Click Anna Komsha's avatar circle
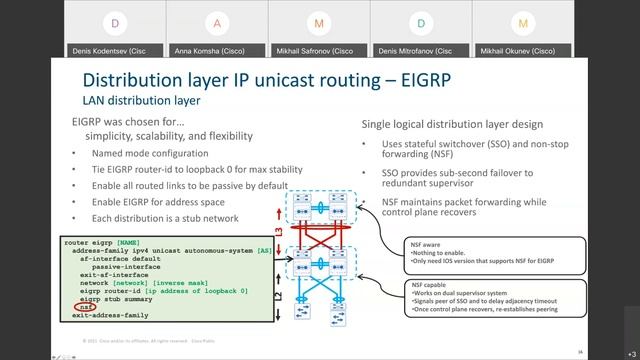click(217, 22)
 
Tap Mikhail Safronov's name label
click(319, 50)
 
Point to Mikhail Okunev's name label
click(517, 50)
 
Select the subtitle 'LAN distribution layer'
click(141, 101)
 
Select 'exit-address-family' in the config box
click(110, 315)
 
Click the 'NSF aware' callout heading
click(427, 243)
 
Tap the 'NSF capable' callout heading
click(430, 284)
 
